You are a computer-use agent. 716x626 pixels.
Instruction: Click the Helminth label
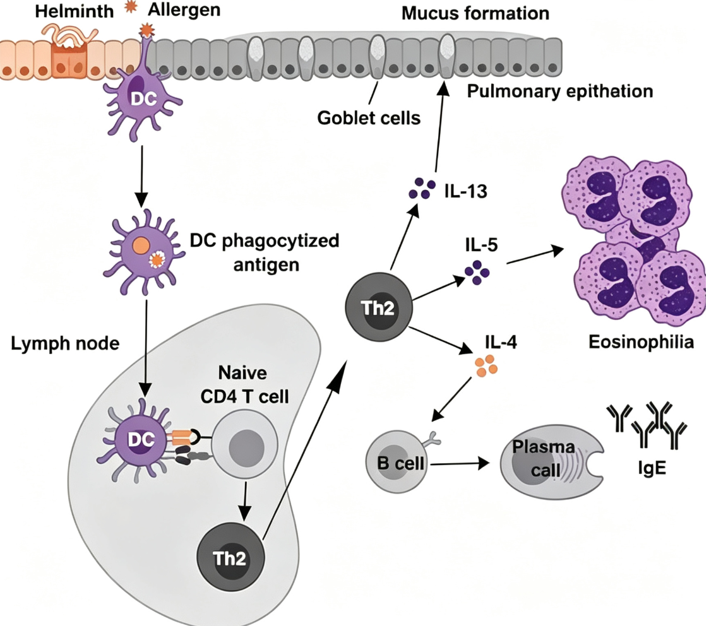tap(75, 11)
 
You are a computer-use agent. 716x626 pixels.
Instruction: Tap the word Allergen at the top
tap(184, 10)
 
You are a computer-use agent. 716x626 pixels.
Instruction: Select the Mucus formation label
tap(475, 13)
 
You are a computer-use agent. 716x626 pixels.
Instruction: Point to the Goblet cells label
tap(369, 118)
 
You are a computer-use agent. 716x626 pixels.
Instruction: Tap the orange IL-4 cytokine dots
tap(486, 365)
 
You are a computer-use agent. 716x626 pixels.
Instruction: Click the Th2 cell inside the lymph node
tap(230, 558)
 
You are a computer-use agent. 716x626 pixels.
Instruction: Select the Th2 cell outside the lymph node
tap(379, 308)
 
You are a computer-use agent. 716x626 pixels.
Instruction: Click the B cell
tap(397, 462)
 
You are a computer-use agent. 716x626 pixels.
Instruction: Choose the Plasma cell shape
tap(552, 464)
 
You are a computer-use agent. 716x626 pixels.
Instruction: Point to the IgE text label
tap(652, 468)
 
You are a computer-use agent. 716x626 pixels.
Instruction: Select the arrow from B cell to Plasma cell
tap(460, 464)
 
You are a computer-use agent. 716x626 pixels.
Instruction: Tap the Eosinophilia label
tap(641, 342)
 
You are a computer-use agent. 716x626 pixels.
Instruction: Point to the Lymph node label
tap(65, 343)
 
